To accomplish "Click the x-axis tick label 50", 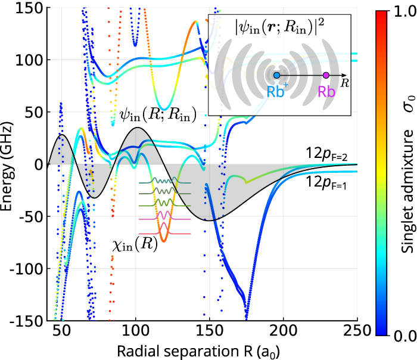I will [x=61, y=333].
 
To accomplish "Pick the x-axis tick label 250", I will [x=357, y=333].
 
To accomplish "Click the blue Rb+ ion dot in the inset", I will [x=276, y=76].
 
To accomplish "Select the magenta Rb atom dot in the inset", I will [x=326, y=76].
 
